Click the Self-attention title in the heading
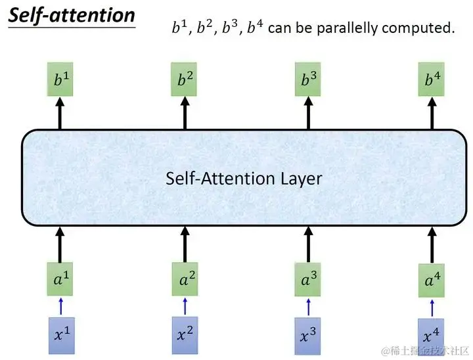click(x=72, y=16)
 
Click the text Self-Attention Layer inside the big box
click(x=244, y=178)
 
